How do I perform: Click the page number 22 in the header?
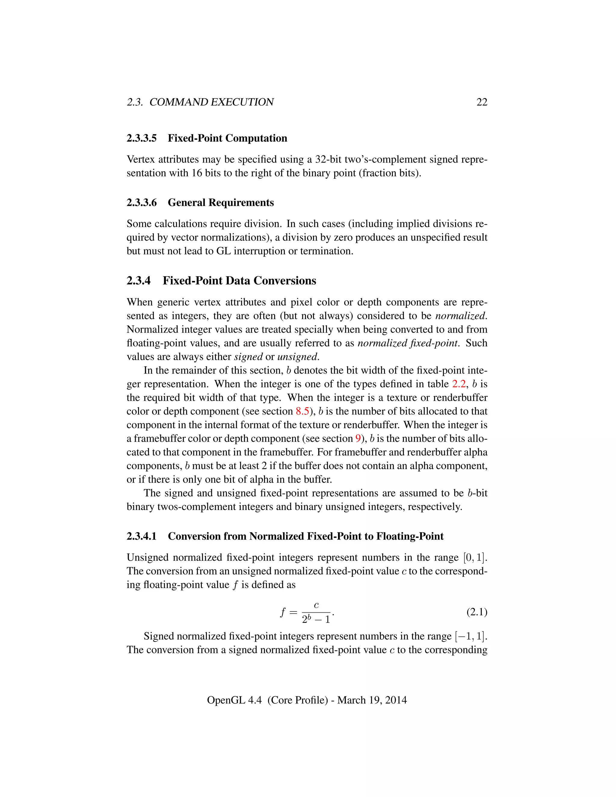pyautogui.click(x=482, y=102)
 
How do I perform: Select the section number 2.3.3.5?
pyautogui.click(x=142, y=138)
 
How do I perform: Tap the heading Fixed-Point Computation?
pyautogui.click(x=227, y=138)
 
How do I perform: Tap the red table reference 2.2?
pyautogui.click(x=459, y=384)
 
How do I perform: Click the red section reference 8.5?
pyautogui.click(x=302, y=411)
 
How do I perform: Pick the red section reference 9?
pyautogui.click(x=358, y=439)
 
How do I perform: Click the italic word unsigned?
pyautogui.click(x=297, y=357)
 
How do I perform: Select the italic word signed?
pyautogui.click(x=248, y=357)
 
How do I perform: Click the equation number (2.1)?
pyautogui.click(x=477, y=612)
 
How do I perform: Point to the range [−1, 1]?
pyautogui.click(x=470, y=636)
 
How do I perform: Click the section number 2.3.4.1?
pyautogui.click(x=142, y=537)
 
